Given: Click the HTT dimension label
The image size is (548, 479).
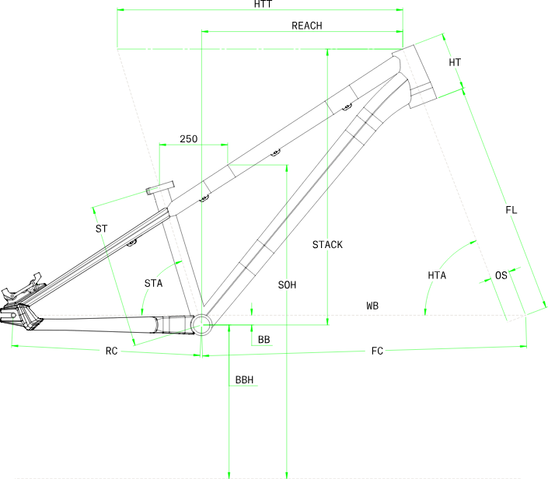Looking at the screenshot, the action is (263, 4).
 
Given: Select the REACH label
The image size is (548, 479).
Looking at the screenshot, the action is (307, 26).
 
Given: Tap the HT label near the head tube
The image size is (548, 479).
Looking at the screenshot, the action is (455, 62).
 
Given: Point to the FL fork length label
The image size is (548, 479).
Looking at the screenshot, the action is (511, 210).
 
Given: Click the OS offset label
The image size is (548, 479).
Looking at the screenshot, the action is (501, 275).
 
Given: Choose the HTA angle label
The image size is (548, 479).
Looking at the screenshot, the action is (437, 275).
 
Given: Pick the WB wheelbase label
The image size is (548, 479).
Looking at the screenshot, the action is (372, 306).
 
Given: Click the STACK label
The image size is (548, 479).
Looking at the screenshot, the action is (327, 245).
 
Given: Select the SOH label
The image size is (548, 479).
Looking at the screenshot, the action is (287, 285).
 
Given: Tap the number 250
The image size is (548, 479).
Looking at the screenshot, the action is (188, 139).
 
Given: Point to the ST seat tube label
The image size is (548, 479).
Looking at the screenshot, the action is (101, 229).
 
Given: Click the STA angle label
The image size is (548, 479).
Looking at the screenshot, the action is (153, 283).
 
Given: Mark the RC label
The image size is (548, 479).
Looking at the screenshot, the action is (111, 351).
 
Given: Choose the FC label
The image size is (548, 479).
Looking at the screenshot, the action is (377, 351).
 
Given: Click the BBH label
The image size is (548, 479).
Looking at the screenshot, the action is (244, 379).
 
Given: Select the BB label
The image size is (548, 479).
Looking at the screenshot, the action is (264, 340).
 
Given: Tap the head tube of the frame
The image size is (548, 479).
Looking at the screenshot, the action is (414, 76).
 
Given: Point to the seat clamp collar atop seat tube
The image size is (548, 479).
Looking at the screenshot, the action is (159, 187).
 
